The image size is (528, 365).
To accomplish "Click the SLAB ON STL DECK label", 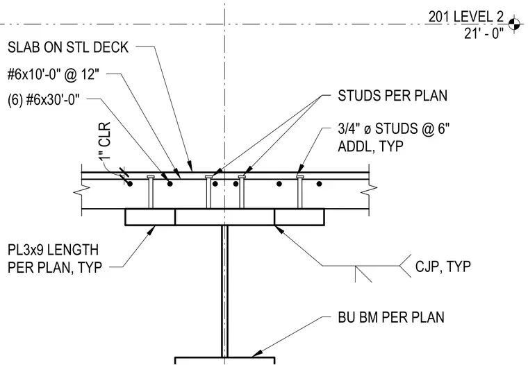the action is pyautogui.click(x=68, y=47).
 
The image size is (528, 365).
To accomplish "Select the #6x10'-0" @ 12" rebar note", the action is pyautogui.click(x=53, y=74).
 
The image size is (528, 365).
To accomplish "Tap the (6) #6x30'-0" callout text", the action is pyautogui.click(x=44, y=99).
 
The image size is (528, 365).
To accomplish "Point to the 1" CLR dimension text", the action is pyautogui.click(x=106, y=141).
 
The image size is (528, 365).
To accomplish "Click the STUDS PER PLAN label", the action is pyautogui.click(x=393, y=96).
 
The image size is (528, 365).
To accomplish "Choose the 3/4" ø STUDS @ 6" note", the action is pyautogui.click(x=394, y=129).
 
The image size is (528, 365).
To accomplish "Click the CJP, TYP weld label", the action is pyautogui.click(x=443, y=266).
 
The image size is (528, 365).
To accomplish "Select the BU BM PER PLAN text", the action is pyautogui.click(x=391, y=317).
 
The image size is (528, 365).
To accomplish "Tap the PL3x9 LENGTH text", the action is pyautogui.click(x=53, y=251).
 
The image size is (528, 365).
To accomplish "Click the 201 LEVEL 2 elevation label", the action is pyautogui.click(x=465, y=17).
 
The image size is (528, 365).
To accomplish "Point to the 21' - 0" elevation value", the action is pyautogui.click(x=484, y=33).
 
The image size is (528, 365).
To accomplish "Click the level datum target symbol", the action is pyautogui.click(x=514, y=24).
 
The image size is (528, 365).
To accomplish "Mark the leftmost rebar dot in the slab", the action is pyautogui.click(x=130, y=184).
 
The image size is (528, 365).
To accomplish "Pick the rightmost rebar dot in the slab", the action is pyautogui.click(x=319, y=184).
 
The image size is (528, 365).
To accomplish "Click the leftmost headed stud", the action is pyautogui.click(x=151, y=192).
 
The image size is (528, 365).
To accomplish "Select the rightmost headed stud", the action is pyautogui.click(x=299, y=192).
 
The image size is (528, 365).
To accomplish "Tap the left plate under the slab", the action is pyautogui.click(x=150, y=217).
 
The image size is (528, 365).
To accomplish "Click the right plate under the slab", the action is pyautogui.click(x=299, y=217).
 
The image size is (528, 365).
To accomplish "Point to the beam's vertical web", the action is pyautogui.click(x=224, y=291).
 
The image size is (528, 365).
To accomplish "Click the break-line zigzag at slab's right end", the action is pyautogui.click(x=370, y=191).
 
